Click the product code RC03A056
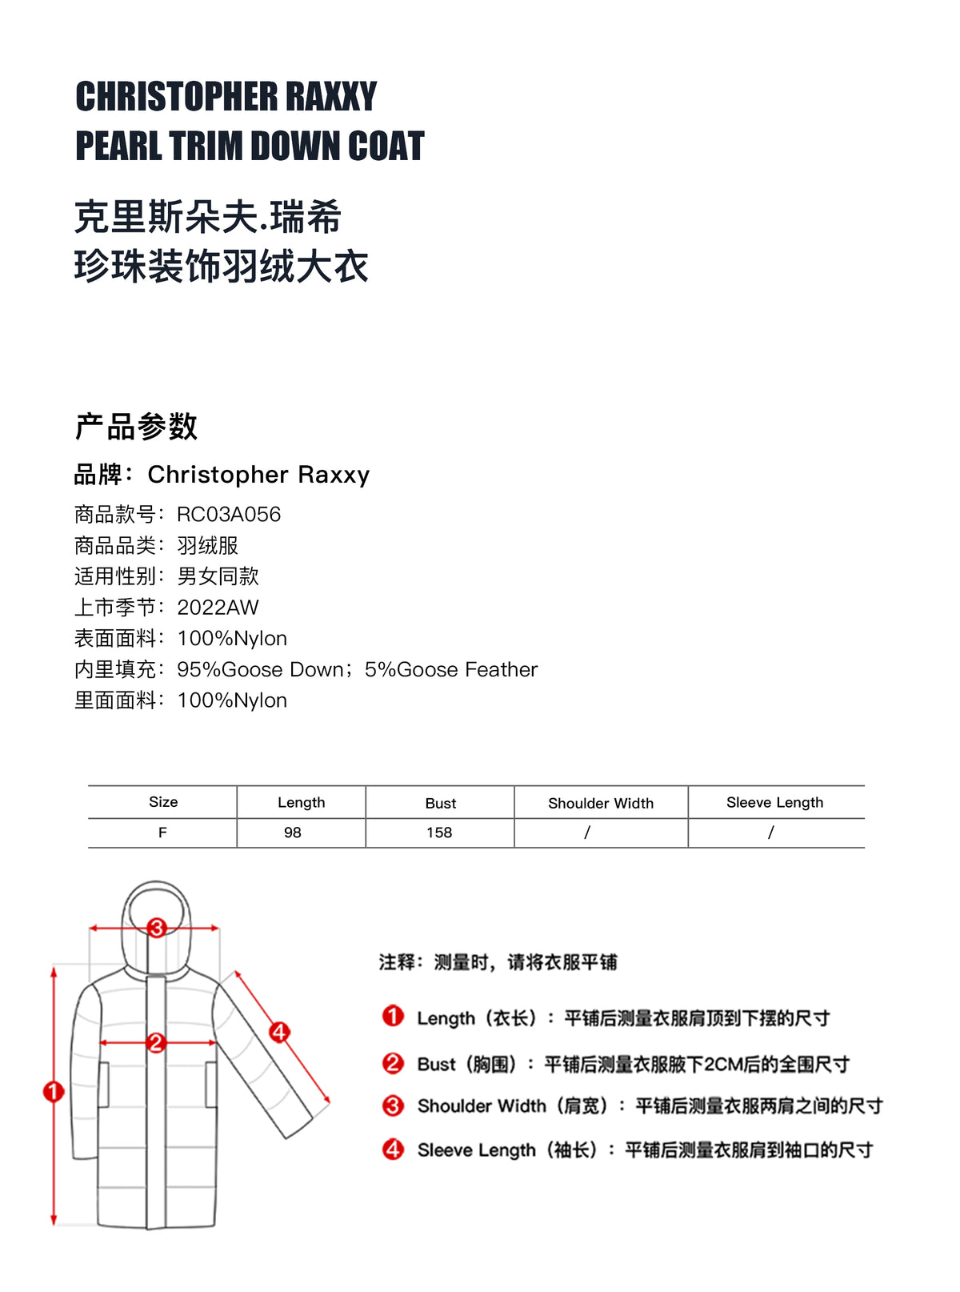pyautogui.click(x=229, y=514)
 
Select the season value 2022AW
pyautogui.click(x=218, y=608)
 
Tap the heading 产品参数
pyautogui.click(x=136, y=427)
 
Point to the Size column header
pyautogui.click(x=163, y=802)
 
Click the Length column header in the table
pyautogui.click(x=301, y=803)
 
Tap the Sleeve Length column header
pyautogui.click(x=774, y=803)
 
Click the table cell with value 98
pyautogui.click(x=293, y=833)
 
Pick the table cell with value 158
pyautogui.click(x=439, y=833)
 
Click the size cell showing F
pyautogui.click(x=162, y=833)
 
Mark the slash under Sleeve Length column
pyautogui.click(x=770, y=833)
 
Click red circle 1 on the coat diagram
pyautogui.click(x=54, y=1091)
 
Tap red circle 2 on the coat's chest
pyautogui.click(x=156, y=1042)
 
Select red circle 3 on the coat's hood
pyautogui.click(x=156, y=928)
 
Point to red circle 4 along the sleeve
pyautogui.click(x=278, y=1032)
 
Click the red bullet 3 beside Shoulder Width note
pyautogui.click(x=393, y=1105)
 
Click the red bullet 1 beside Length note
pyautogui.click(x=393, y=1017)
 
